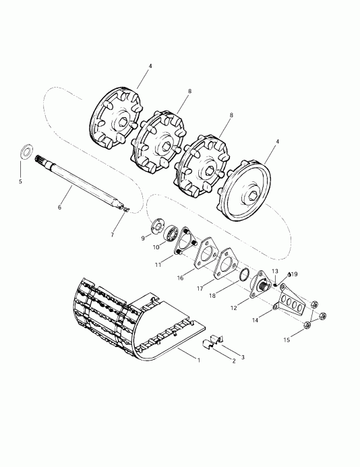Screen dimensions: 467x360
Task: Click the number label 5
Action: [x=20, y=181]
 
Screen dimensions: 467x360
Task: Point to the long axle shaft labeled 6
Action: [x=80, y=181]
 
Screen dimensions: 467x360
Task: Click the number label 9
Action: [x=143, y=238]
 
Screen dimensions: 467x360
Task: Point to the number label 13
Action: [x=274, y=271]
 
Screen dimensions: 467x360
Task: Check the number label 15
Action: [x=286, y=340]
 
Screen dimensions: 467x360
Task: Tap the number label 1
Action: [x=198, y=361]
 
